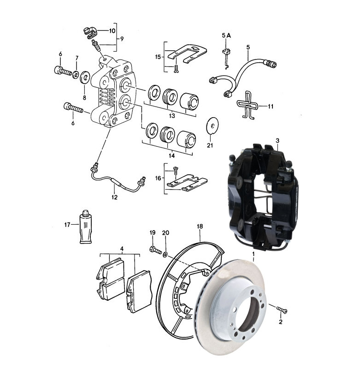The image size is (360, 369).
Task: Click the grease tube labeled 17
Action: (86, 226)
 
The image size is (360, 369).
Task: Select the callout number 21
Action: (210, 145)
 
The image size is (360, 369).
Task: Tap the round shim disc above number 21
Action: (212, 126)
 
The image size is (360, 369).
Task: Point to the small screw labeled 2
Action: (282, 309)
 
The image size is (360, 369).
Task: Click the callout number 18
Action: (200, 226)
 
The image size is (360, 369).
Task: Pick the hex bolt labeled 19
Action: (155, 250)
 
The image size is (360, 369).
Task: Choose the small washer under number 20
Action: (165, 254)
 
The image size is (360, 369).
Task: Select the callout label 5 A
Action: (226, 36)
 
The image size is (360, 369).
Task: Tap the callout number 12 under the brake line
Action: (114, 197)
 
